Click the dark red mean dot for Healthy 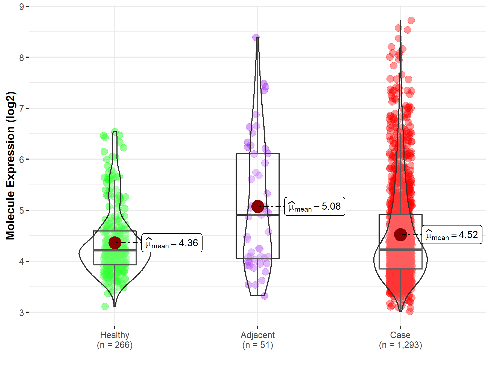coord(115,243)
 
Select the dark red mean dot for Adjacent coord(257,206)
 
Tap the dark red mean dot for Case coord(400,235)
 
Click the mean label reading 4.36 coord(172,243)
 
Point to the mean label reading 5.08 coord(315,206)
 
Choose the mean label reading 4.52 coord(452,235)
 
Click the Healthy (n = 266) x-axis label coord(115,340)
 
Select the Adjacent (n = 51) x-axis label coord(257,340)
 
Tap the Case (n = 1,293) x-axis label coord(400,340)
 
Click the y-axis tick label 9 coord(22,6)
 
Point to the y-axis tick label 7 coord(22,108)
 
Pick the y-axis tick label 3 coord(22,312)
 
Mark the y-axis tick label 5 coord(22,210)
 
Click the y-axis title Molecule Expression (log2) coord(10,166)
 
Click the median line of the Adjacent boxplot coord(257,215)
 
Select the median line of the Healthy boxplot coord(115,250)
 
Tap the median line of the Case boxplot coord(400,250)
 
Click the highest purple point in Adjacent coord(256,37)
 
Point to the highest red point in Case coord(411,20)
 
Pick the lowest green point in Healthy coord(105,306)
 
